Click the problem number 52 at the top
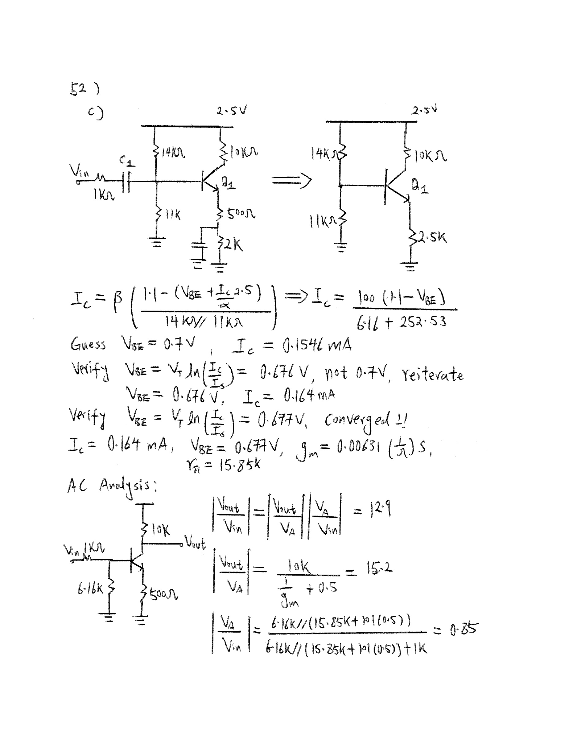point(78,89)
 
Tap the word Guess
point(88,344)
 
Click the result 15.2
point(379,568)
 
